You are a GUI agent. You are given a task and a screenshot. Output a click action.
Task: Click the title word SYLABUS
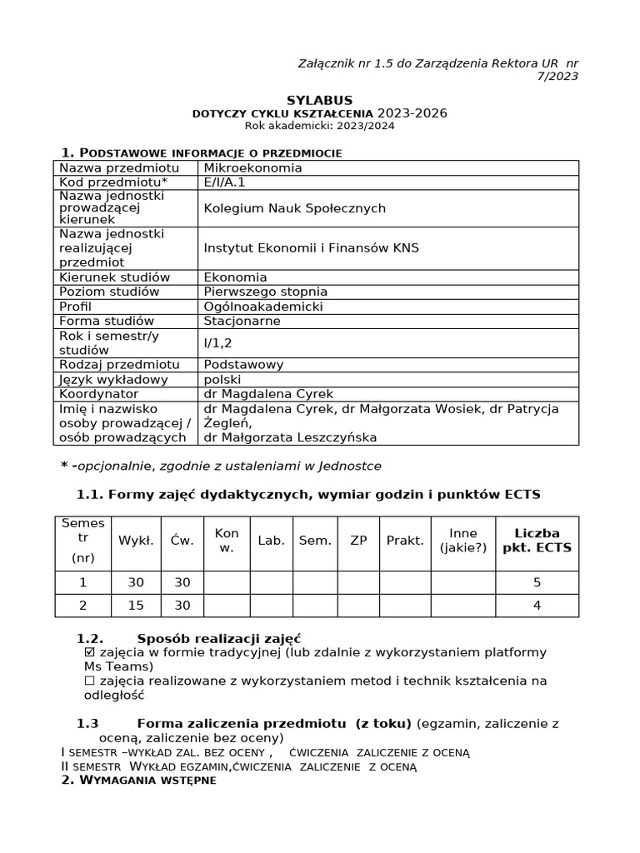tap(319, 100)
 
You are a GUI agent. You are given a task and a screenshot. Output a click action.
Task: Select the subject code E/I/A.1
tap(224, 182)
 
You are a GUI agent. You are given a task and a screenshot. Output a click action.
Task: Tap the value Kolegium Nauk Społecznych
tap(294, 208)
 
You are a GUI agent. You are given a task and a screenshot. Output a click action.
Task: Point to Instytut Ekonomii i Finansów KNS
tap(311, 248)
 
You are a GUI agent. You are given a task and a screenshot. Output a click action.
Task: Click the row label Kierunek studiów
tap(114, 277)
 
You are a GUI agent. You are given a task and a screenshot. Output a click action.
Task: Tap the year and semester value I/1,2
tap(219, 342)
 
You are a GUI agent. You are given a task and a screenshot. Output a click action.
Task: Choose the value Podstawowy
tap(243, 365)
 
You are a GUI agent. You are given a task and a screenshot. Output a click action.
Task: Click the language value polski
tap(222, 380)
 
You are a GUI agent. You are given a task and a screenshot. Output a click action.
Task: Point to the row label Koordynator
tap(97, 394)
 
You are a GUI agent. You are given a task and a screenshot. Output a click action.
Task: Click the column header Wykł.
tap(135, 541)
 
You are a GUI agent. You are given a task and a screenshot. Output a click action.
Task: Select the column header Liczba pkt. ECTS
tap(537, 541)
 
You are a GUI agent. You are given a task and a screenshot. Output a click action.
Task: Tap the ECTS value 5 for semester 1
tap(537, 583)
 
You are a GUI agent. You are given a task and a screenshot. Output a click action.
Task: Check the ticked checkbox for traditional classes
tap(90, 652)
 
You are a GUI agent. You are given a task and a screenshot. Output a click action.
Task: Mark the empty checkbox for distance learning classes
tap(90, 681)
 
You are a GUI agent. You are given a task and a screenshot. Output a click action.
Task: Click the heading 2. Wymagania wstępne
tap(138, 781)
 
